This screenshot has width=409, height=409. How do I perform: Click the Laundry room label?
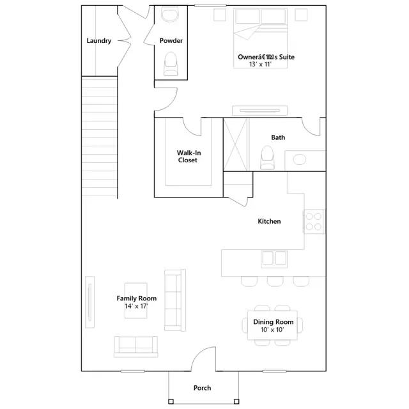pos(99,41)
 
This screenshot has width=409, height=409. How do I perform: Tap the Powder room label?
pos(171,41)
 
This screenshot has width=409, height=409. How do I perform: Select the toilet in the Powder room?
pos(171,64)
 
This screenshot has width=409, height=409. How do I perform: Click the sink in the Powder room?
pos(170,14)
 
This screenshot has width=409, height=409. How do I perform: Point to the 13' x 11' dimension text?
pos(260,64)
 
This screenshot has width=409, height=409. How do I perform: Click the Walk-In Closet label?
pos(189,157)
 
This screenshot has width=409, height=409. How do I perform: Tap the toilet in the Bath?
pos(267,157)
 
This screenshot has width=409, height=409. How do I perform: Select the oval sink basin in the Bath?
pos(300,159)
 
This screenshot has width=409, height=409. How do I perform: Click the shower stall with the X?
pos(236,144)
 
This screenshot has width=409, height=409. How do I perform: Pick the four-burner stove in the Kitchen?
pos(314,222)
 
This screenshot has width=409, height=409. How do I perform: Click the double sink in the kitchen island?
pos(274,259)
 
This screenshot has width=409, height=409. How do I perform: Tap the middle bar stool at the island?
pos(275,281)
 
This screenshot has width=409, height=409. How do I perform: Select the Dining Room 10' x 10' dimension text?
pos(272,330)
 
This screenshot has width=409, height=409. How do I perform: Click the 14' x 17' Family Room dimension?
pos(136,306)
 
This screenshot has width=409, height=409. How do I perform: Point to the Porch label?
pos(202,388)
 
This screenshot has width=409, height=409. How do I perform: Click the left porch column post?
pos(171,401)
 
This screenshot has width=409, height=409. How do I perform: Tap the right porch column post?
pos(236,401)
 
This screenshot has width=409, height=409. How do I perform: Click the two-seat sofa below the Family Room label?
pos(136,346)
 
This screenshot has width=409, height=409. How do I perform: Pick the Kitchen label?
pos(269,221)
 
